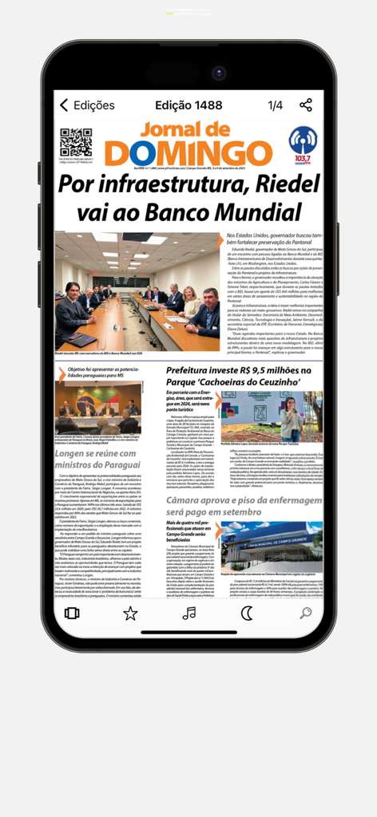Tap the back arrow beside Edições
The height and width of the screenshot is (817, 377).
click(x=64, y=105)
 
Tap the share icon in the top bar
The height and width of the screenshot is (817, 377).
click(x=306, y=105)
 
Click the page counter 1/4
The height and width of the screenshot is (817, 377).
click(x=275, y=105)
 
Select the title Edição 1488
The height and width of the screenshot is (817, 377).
click(x=188, y=105)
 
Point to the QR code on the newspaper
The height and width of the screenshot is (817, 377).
click(x=76, y=142)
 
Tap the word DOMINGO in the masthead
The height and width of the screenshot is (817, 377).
click(x=188, y=152)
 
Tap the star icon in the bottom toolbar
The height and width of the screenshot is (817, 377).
click(x=129, y=613)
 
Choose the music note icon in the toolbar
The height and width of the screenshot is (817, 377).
click(x=188, y=613)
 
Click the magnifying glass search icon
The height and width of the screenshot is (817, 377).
click(x=305, y=613)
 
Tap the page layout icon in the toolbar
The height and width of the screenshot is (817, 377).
click(x=72, y=613)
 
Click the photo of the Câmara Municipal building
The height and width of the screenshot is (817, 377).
click(x=272, y=547)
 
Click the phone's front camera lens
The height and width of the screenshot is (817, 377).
click(x=219, y=73)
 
